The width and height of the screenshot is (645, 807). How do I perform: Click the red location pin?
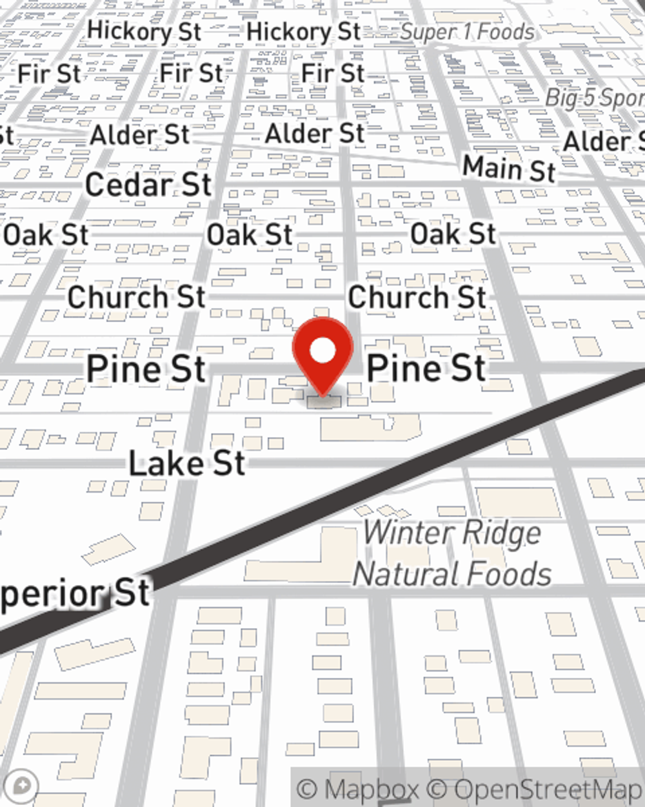(322, 352)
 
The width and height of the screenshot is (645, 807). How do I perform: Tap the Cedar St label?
(148, 185)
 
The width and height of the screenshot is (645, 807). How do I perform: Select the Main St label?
(509, 169)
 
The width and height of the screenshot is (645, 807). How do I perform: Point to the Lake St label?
(187, 464)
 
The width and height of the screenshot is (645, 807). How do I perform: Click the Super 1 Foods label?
(467, 32)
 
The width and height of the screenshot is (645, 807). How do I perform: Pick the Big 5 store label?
(594, 98)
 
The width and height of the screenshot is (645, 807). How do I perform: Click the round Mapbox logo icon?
(22, 786)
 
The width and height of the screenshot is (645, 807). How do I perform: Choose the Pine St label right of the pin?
(426, 369)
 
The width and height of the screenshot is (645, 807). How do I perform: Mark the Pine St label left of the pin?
(146, 369)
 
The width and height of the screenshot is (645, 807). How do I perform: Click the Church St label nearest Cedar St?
(136, 298)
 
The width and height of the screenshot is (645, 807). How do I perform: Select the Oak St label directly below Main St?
(453, 234)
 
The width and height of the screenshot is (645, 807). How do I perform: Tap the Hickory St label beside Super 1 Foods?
(303, 31)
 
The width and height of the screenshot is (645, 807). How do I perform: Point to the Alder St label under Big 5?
(603, 141)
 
